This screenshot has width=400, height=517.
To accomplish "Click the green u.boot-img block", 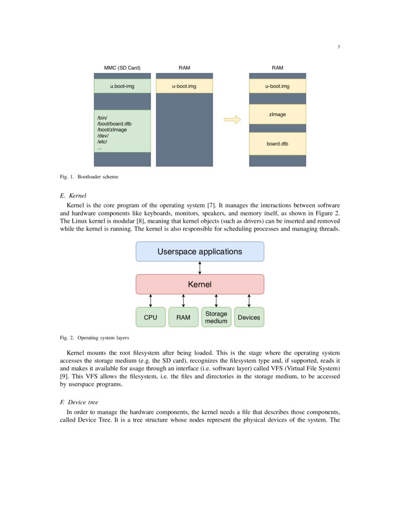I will (122, 86).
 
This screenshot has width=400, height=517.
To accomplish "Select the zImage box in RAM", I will (277, 114).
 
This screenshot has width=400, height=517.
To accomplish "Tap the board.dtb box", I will (277, 144).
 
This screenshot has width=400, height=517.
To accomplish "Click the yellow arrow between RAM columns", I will (232, 120).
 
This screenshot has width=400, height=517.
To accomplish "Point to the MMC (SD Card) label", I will (122, 68).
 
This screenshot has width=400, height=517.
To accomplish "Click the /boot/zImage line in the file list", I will (112, 130).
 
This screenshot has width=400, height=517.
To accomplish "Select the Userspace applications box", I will (200, 251).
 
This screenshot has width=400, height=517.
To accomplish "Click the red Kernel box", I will (200, 284).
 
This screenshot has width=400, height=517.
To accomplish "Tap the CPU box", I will (151, 317).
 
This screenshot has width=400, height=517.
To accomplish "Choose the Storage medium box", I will (216, 317).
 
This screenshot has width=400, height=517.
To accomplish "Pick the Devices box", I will (249, 317).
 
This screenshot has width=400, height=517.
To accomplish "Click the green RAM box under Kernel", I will (184, 317).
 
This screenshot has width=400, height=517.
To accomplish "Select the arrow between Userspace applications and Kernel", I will (200, 268).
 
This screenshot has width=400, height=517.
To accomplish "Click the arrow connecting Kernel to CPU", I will (151, 301).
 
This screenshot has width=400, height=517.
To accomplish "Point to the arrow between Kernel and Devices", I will (249, 301).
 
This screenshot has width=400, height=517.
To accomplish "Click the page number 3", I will (338, 47).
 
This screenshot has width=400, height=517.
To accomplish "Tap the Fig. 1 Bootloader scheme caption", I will (89, 177).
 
